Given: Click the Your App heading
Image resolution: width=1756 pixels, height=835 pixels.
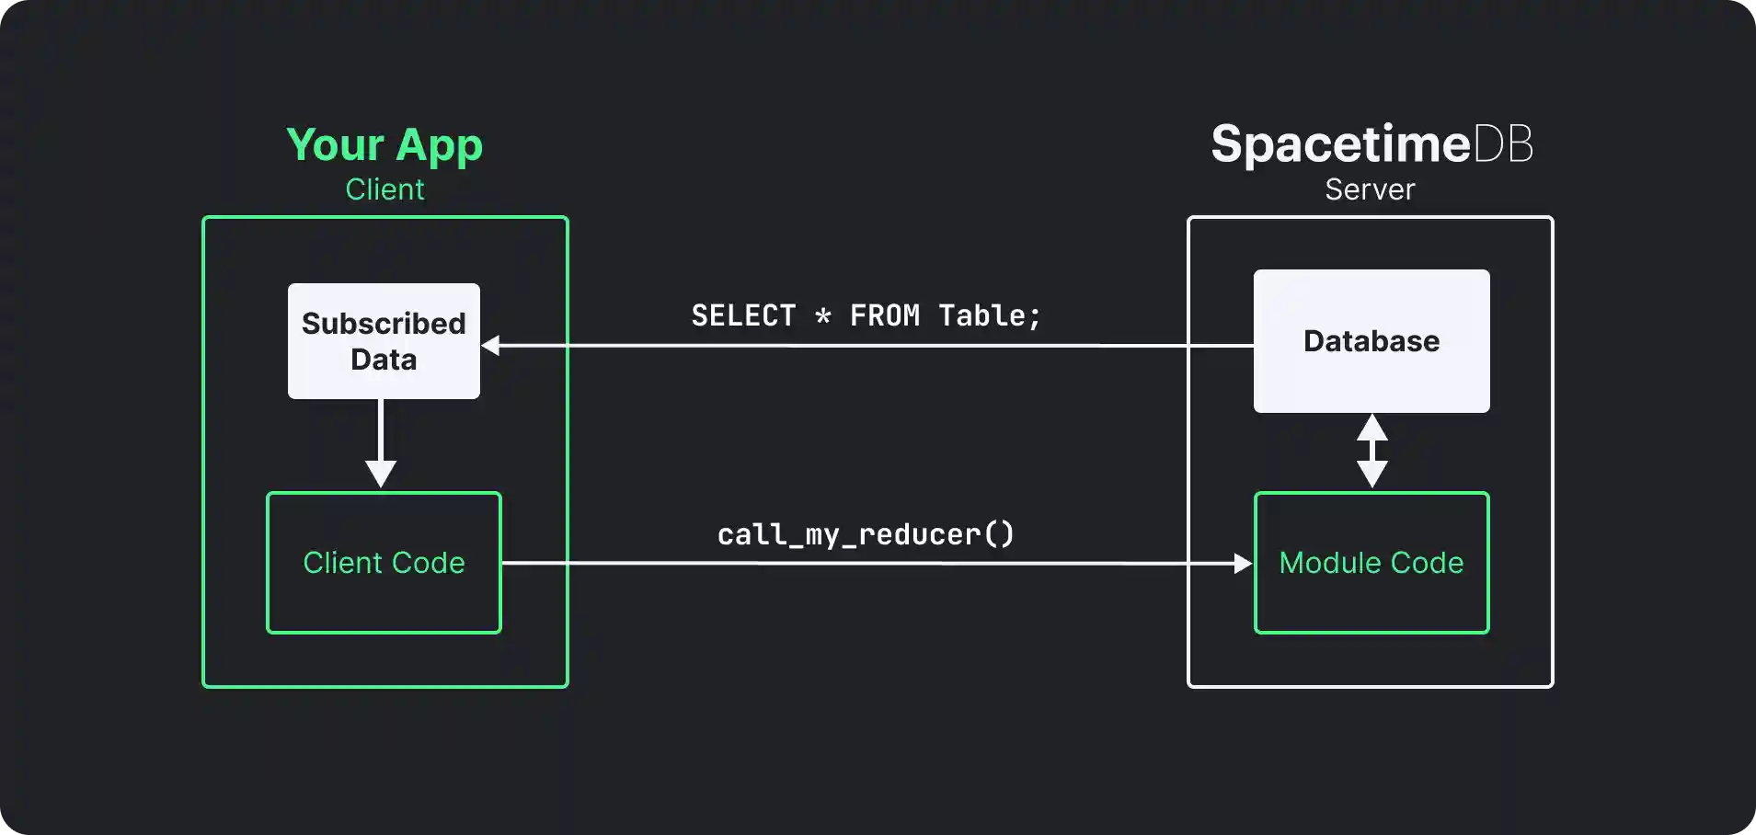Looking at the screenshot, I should tap(384, 145).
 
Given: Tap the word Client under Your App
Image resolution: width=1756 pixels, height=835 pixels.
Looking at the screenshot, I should tap(384, 189).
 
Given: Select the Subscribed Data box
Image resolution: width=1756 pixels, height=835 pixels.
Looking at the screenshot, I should tap(384, 341).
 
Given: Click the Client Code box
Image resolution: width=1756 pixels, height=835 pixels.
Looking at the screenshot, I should tap(384, 563).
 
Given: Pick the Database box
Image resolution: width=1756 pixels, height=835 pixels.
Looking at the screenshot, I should tap(1371, 341).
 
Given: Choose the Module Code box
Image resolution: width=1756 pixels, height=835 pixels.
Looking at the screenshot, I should tap(1371, 563).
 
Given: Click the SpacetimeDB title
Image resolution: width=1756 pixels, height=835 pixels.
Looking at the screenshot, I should tap(1371, 144).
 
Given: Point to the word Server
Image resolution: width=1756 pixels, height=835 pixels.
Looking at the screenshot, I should tap(1370, 189).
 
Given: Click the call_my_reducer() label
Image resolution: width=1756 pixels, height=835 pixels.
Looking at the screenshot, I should tap(866, 535).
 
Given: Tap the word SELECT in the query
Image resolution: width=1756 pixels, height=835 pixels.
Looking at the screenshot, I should tap(743, 316).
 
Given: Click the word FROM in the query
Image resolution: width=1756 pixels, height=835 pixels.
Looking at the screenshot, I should tap(884, 316).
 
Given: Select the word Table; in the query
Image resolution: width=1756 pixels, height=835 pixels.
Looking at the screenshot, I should tap(989, 316).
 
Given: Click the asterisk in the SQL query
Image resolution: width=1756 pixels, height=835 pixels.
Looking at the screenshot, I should tap(823, 317).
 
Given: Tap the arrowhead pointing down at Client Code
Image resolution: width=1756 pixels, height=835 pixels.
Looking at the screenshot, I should tap(381, 474).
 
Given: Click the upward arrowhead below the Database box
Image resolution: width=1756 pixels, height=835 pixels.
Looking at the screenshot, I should tap(1372, 428).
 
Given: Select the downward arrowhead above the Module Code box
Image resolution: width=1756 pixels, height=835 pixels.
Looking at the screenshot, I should tap(1372, 474).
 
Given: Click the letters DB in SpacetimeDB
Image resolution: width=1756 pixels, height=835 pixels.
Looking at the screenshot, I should tap(1503, 144).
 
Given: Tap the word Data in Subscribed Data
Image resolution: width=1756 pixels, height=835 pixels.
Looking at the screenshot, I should tap(384, 360).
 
